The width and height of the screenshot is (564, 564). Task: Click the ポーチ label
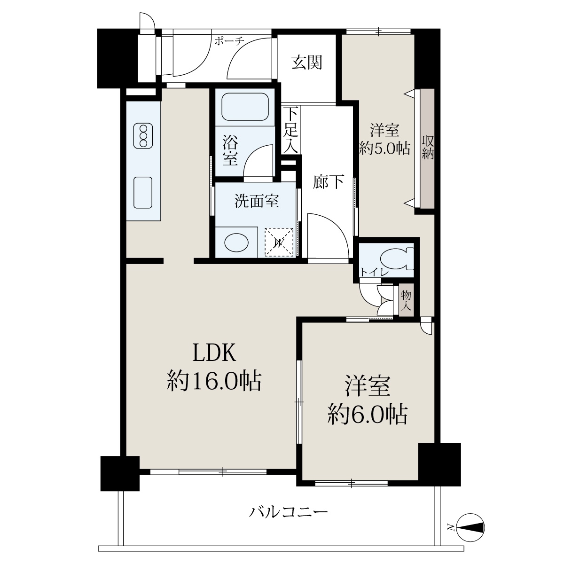pyautogui.click(x=229, y=41)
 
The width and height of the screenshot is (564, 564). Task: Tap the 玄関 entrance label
pyautogui.click(x=307, y=63)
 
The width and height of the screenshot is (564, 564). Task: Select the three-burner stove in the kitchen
pyautogui.click(x=143, y=136)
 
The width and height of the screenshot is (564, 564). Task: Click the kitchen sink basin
pyautogui.click(x=143, y=193)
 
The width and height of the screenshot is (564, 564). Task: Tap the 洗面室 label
pyautogui.click(x=257, y=201)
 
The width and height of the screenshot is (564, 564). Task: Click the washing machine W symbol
pyautogui.click(x=279, y=243)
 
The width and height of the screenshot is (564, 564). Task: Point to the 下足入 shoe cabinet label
pyautogui.click(x=291, y=130)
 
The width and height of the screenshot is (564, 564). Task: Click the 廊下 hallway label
pyautogui.click(x=328, y=182)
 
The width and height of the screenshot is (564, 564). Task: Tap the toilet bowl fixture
pyautogui.click(x=397, y=258)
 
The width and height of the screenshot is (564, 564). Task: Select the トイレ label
pyautogui.click(x=374, y=272)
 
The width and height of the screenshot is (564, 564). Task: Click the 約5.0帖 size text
pyautogui.click(x=384, y=149)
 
